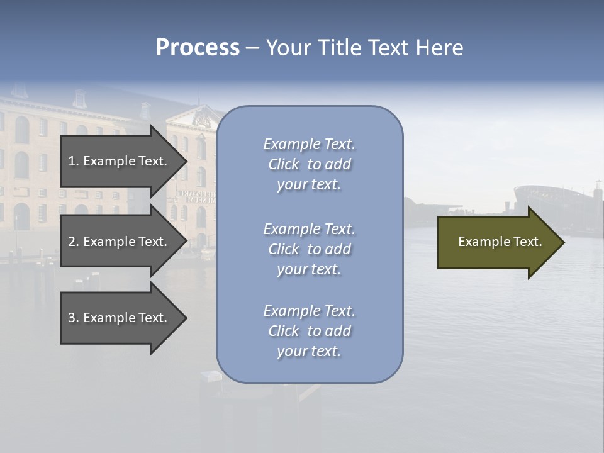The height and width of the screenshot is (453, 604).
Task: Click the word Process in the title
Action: coord(198,48)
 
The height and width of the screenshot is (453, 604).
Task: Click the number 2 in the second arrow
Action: coord(72,242)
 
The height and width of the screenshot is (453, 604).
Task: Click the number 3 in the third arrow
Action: coord(72,318)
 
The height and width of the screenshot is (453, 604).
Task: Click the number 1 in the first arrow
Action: coord(72,161)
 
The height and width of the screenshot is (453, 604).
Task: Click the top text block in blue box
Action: coord(309,164)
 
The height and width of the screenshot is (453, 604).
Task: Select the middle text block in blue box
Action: coord(309,249)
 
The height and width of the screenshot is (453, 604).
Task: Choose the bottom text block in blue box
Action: coord(309,331)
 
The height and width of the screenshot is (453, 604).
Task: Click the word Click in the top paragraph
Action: coord(283,164)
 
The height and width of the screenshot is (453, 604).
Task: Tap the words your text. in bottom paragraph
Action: coord(309,351)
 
